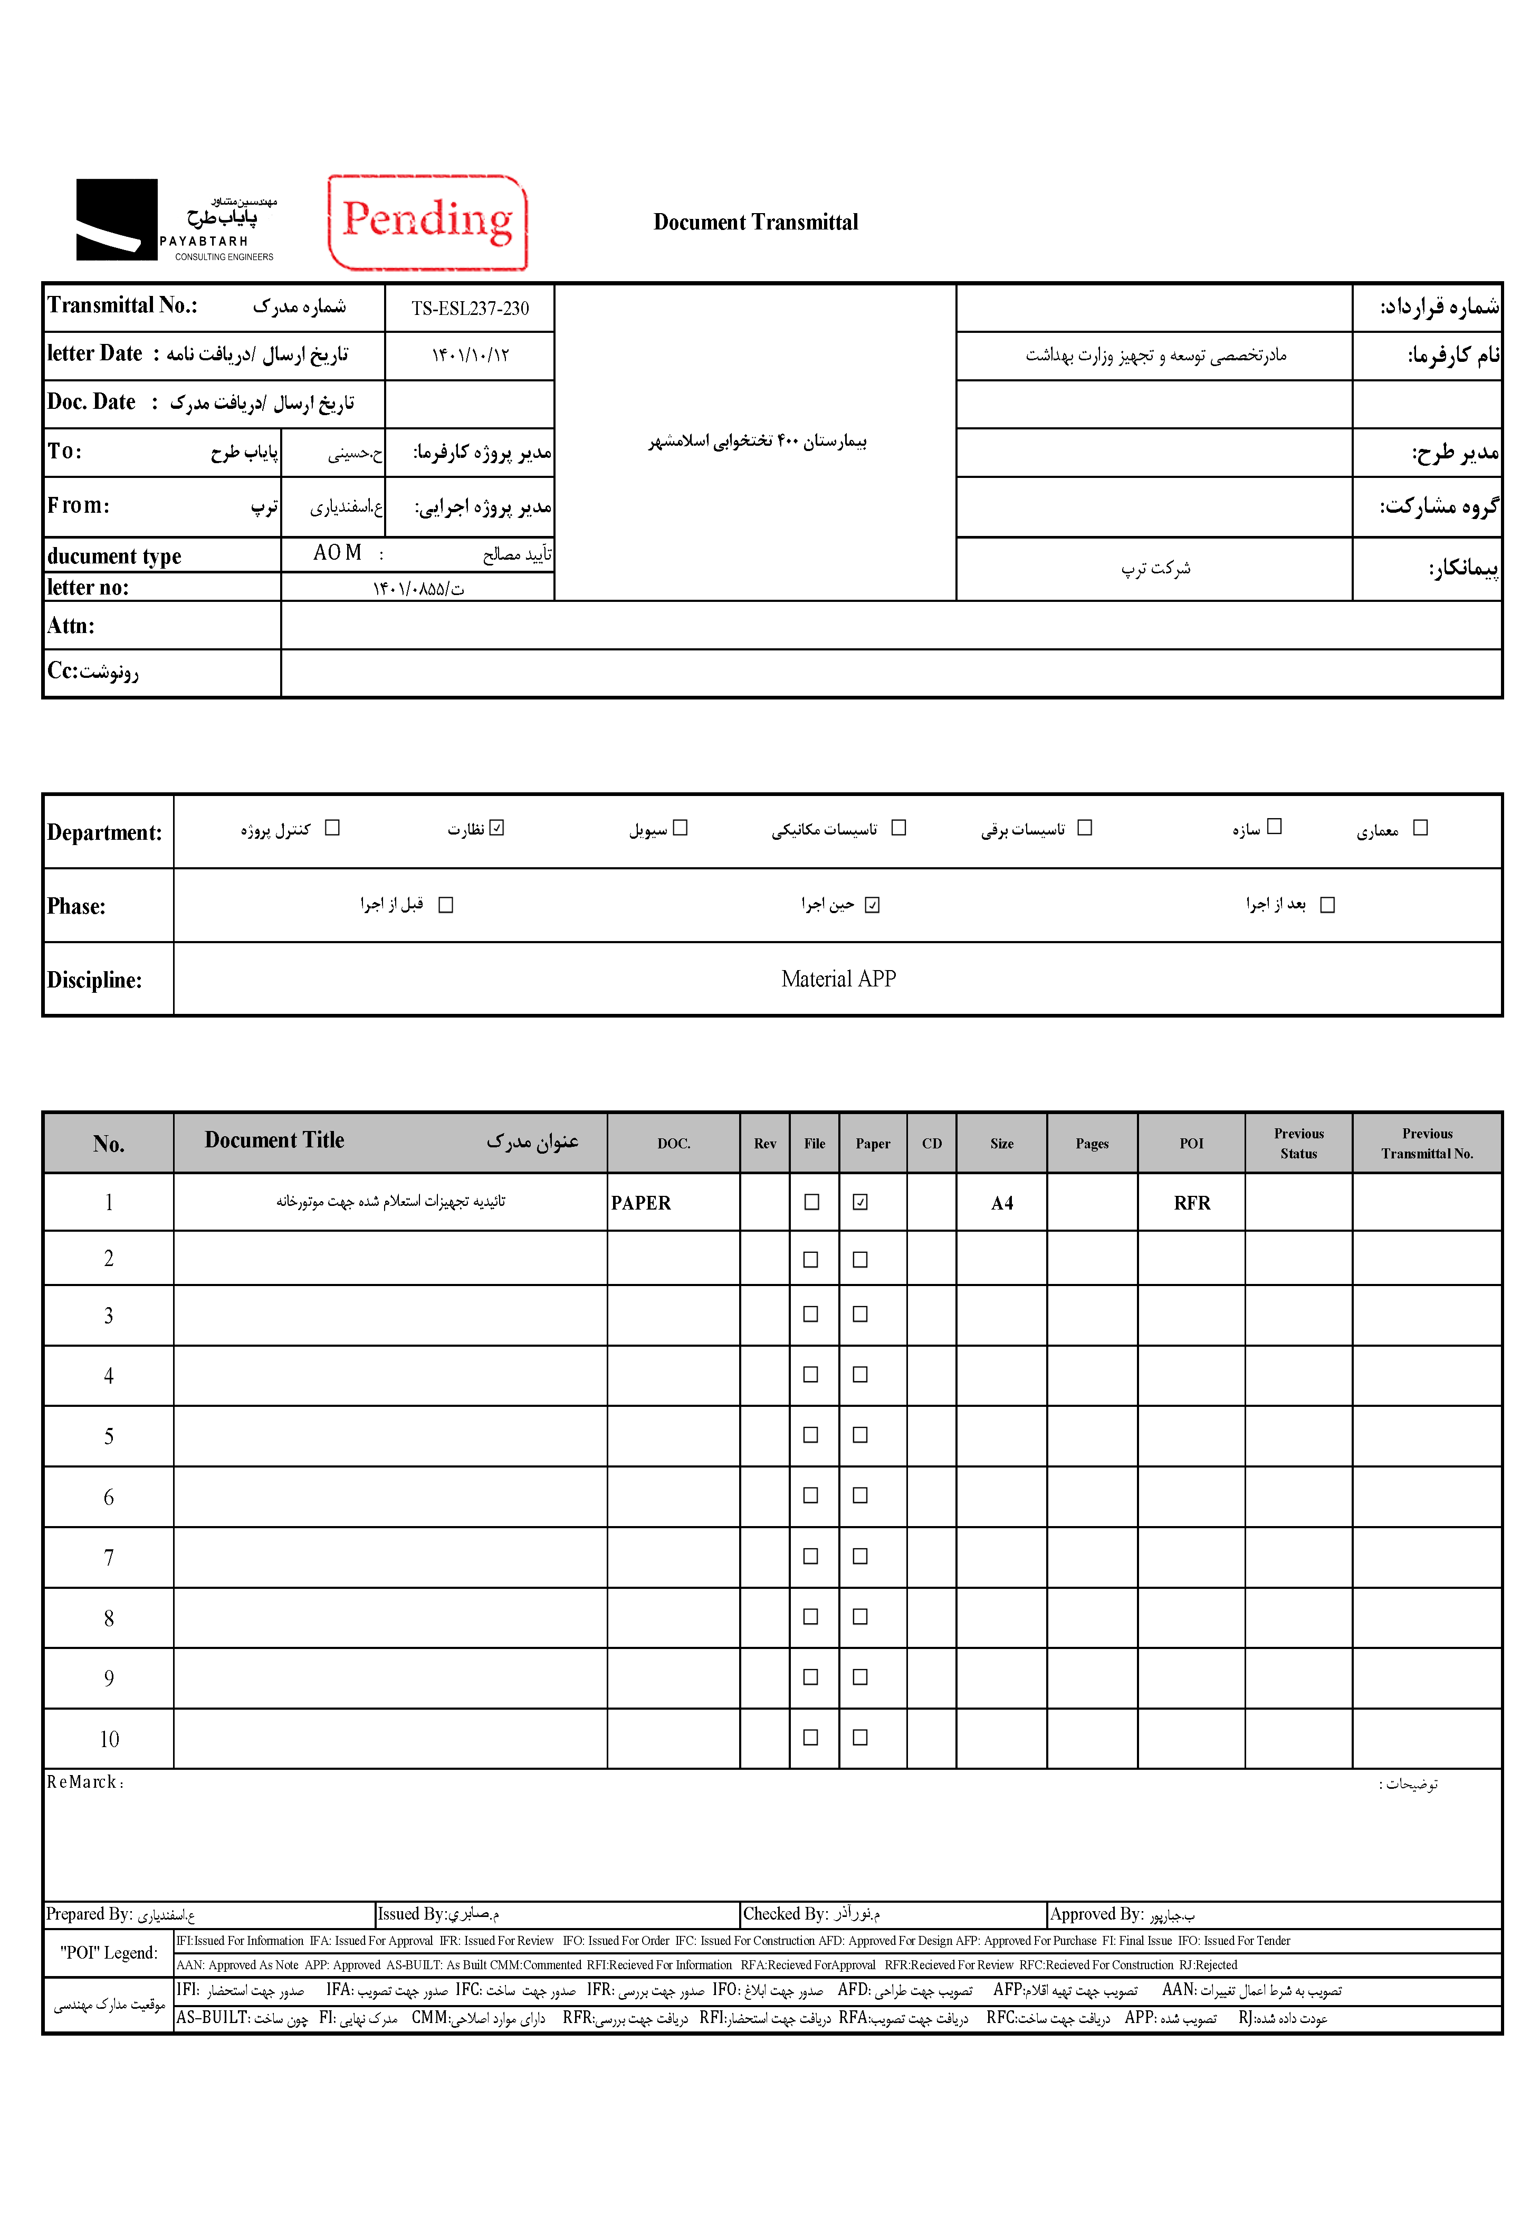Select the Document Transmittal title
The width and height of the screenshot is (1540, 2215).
755,222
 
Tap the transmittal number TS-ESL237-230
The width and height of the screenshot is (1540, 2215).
470,309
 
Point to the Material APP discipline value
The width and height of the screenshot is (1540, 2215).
838,979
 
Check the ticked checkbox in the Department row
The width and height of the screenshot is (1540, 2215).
497,828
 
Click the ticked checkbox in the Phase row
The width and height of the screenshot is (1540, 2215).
872,905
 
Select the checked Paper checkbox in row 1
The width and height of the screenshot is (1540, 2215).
860,1202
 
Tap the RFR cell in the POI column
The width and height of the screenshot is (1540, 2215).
1192,1203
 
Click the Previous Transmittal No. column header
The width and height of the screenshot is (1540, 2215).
1427,1143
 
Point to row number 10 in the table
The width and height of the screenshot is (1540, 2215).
109,1739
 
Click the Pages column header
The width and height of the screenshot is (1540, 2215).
1092,1143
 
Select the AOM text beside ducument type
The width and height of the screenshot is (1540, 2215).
337,553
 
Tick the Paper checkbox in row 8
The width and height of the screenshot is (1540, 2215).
860,1617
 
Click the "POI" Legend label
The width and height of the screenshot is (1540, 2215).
108,1953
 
